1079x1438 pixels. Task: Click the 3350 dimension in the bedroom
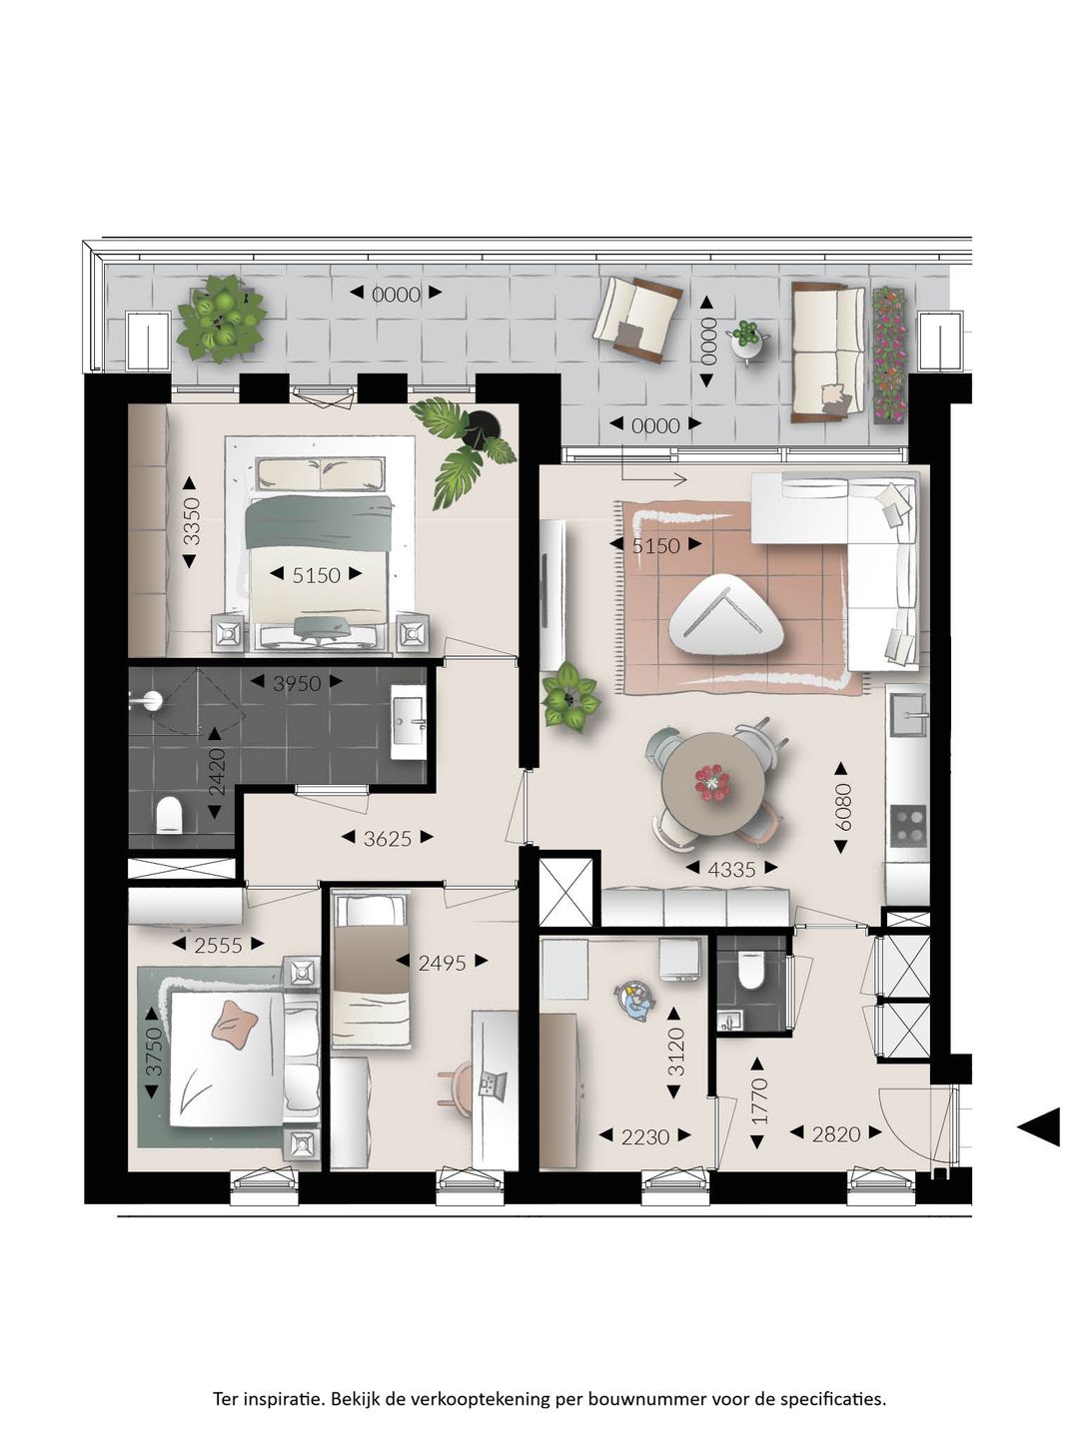coord(191,522)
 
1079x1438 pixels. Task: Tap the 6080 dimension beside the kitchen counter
coord(841,807)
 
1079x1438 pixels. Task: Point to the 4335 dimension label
coord(731,869)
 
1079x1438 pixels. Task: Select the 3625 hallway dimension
coord(388,837)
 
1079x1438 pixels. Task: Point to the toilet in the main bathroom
coord(170,814)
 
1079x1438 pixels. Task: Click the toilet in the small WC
coord(749,970)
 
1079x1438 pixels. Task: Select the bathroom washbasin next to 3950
coord(409,722)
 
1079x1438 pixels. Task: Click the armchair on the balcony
coord(637,319)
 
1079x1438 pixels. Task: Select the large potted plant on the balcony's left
coord(221,318)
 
